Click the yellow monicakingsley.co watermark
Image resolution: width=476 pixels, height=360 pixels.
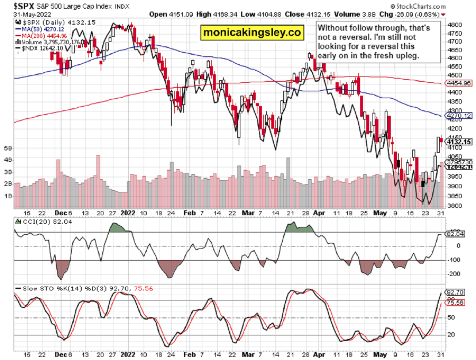click(253, 32)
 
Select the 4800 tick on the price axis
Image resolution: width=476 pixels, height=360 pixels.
click(453, 25)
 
